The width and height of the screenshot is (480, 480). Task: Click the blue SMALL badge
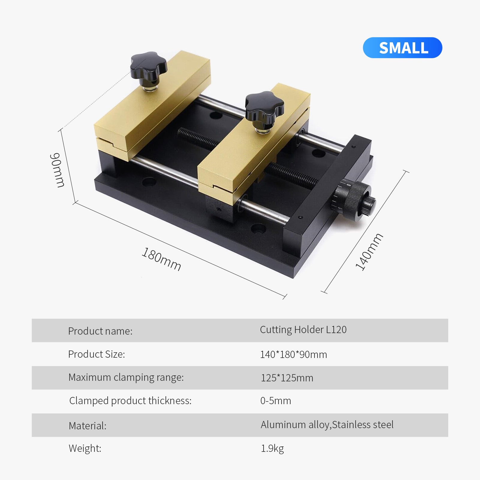[402, 48]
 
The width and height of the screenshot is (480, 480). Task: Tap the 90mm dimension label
[57, 170]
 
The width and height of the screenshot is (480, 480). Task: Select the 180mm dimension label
[161, 259]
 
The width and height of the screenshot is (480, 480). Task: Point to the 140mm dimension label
[369, 252]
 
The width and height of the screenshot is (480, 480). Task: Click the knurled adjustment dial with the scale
[352, 199]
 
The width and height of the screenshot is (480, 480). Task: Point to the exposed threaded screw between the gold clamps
[198, 139]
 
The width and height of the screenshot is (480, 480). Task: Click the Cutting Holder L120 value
[303, 329]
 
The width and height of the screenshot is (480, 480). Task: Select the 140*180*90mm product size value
[293, 354]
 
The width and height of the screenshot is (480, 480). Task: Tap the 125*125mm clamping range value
[287, 378]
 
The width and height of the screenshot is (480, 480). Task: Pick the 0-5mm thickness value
[276, 401]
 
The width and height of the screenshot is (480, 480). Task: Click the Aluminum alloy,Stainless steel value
[327, 425]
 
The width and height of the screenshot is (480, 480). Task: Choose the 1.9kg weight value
[272, 448]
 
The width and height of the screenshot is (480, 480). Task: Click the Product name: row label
[100, 331]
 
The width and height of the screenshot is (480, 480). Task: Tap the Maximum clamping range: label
[126, 377]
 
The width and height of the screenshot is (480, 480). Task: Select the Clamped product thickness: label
[130, 401]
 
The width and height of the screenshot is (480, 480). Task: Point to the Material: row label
[88, 426]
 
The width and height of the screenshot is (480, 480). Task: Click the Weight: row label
[85, 448]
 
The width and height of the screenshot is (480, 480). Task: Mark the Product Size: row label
[96, 354]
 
